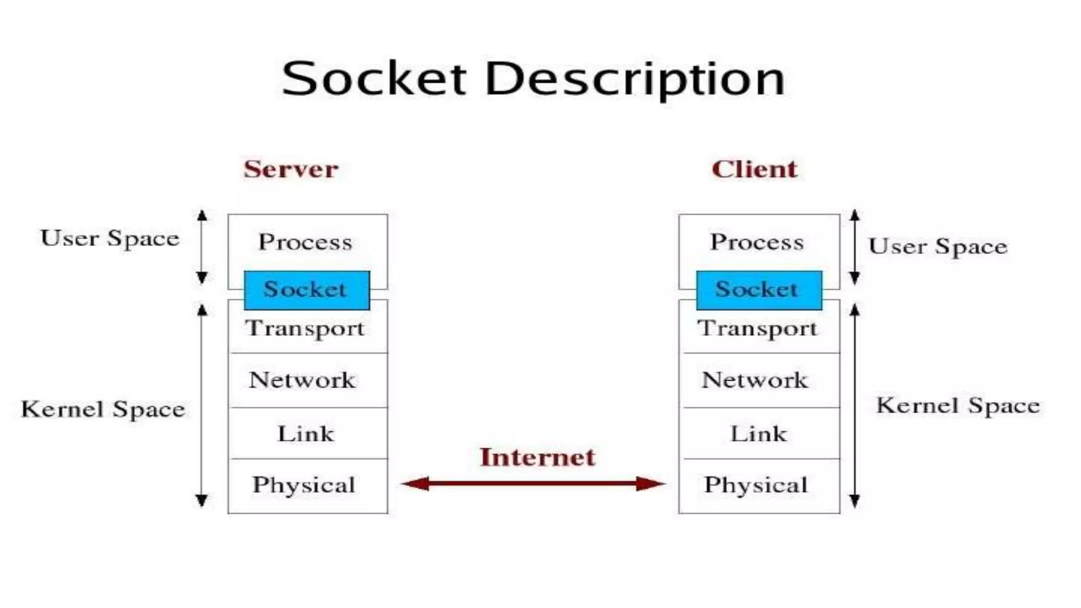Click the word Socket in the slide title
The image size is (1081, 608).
(374, 79)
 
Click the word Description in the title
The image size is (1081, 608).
(634, 79)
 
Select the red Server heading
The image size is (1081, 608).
(291, 169)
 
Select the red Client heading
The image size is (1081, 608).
(754, 169)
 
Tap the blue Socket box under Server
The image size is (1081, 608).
(307, 290)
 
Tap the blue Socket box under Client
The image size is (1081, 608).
(758, 290)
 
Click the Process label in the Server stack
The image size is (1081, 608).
(305, 242)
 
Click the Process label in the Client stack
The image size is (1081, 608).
(757, 242)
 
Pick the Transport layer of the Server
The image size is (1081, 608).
(305, 329)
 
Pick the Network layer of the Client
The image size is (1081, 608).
(755, 381)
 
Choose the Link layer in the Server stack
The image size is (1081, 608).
(306, 434)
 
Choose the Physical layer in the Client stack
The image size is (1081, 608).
(756, 485)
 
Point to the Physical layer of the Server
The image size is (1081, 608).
(304, 485)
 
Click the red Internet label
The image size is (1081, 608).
(537, 457)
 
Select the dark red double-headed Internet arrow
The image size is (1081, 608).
(533, 483)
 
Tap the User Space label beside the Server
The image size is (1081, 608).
(110, 239)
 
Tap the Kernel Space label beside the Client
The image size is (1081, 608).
(958, 406)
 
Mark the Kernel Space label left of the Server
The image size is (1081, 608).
(103, 409)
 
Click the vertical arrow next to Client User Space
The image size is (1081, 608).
(855, 247)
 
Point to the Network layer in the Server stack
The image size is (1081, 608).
(302, 381)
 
